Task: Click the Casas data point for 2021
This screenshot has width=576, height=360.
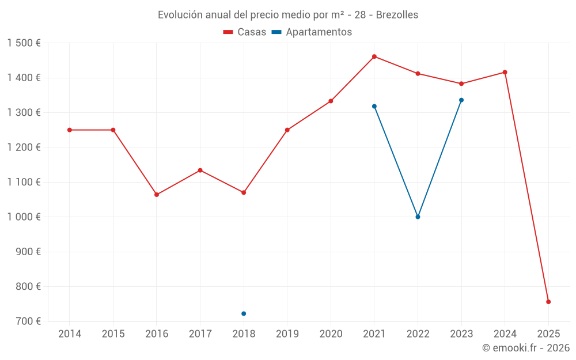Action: pyautogui.click(x=374, y=56)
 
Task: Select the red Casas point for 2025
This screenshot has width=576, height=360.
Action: pyautogui.click(x=548, y=302)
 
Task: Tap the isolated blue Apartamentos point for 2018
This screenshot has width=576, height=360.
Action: pyautogui.click(x=244, y=313)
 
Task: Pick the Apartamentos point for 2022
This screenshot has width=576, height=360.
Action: pyautogui.click(x=418, y=217)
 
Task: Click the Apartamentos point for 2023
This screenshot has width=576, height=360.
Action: pyautogui.click(x=461, y=100)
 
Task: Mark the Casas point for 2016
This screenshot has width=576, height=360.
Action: pyautogui.click(x=157, y=195)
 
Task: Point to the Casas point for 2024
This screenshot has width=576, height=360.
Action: pyautogui.click(x=505, y=72)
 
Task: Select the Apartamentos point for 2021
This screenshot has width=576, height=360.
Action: pyautogui.click(x=374, y=106)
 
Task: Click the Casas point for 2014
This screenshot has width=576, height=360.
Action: pyautogui.click(x=70, y=130)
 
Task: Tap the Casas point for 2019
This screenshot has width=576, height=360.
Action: pyautogui.click(x=287, y=130)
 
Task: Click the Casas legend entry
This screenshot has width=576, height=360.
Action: pyautogui.click(x=245, y=32)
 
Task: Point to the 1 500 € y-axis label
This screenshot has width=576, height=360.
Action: pyautogui.click(x=24, y=43)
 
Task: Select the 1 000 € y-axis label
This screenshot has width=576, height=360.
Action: pyautogui.click(x=24, y=217)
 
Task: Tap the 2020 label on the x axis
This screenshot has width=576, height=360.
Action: pyautogui.click(x=331, y=334)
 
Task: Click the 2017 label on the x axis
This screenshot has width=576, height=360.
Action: pyautogui.click(x=200, y=334)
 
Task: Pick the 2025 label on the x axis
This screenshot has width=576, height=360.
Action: pyautogui.click(x=548, y=334)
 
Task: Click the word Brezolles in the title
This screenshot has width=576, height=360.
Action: pyautogui.click(x=397, y=14)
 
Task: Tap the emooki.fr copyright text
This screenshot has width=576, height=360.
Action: pyautogui.click(x=526, y=348)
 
